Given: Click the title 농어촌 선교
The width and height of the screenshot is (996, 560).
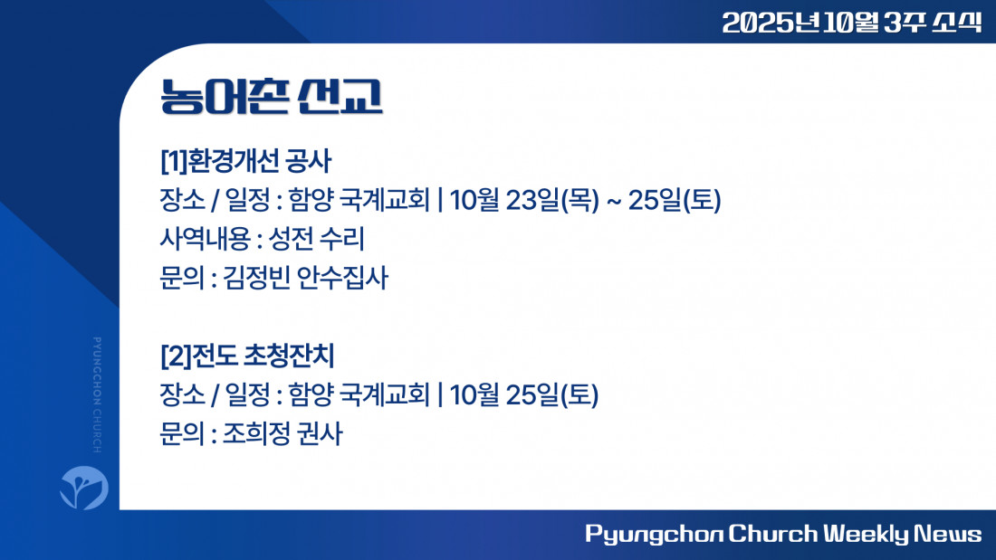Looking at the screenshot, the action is pos(272,97).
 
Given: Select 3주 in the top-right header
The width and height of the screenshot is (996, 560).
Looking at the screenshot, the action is pos(903,23).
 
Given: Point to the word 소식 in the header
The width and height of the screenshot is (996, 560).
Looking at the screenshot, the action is pos(957,23).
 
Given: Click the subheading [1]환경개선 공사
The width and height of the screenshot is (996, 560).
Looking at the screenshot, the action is pos(245,161).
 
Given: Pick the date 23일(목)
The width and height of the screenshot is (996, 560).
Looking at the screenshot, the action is pos(552,201).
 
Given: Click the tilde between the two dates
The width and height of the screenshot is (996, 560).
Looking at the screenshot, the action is pos(614,202).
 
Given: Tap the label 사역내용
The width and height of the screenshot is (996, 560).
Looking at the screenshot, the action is pos(205,240).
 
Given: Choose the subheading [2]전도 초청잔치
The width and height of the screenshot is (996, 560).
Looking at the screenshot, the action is pos(247,356).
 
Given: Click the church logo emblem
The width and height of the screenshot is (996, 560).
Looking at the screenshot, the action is pos(84,488).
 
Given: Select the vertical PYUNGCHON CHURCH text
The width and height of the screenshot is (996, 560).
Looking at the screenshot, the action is pos(97,395).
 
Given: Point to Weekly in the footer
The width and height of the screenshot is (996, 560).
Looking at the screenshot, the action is pos(866,534).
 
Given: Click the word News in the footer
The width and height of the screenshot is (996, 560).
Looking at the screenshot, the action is pos(948,534).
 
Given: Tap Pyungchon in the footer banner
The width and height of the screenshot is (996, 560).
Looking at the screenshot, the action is pos(655,534).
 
